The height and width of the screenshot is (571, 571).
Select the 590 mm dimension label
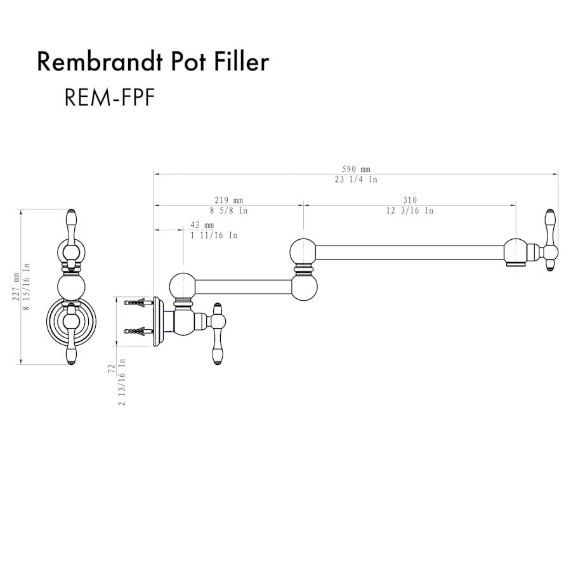[x=356, y=169]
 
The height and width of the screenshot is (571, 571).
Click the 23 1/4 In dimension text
[x=356, y=180]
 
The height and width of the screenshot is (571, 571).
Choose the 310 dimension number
[x=410, y=200]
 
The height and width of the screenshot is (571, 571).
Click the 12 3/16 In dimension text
[x=410, y=211]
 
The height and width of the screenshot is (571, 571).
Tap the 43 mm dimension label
[x=202, y=225]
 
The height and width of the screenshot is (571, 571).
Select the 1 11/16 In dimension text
[x=214, y=235]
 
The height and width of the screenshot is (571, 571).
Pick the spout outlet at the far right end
[x=516, y=259]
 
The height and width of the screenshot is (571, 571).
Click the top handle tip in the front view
[x=71, y=216]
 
